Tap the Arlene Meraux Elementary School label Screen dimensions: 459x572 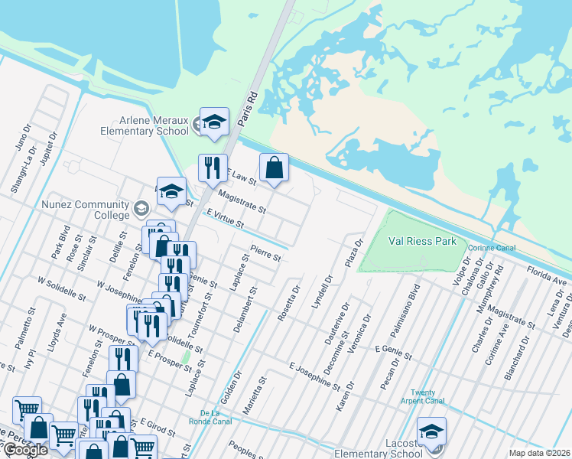[144, 125]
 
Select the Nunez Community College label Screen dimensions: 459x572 [86, 210]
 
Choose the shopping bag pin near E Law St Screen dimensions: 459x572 [274, 168]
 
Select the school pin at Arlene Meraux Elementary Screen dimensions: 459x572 [214, 122]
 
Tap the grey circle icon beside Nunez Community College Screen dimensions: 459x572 [141, 208]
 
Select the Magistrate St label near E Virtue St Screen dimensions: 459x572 [241, 202]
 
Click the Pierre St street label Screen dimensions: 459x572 [266, 252]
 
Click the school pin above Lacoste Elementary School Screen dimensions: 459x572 [431, 431]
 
